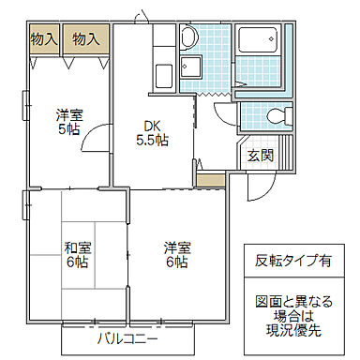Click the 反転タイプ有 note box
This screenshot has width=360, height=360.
pos(292,262)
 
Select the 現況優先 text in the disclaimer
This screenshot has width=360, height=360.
pos(292,331)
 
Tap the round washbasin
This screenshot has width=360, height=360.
pos(188,38)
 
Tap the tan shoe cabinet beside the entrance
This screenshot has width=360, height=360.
pos(211,178)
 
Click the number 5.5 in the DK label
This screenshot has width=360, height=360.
pos(150,141)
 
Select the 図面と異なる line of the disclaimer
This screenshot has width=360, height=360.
pos(292,303)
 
